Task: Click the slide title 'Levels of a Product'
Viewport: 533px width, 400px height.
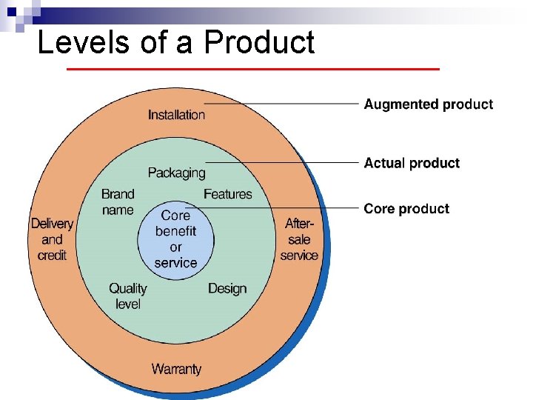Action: pos(175,42)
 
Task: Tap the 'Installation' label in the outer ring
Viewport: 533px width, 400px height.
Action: pos(176,114)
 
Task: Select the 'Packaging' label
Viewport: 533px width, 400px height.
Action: pos(176,173)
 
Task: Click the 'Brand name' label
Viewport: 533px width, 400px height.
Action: pos(118,202)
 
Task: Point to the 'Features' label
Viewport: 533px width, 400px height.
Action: pos(227,194)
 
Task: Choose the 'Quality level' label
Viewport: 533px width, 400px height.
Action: pos(127,296)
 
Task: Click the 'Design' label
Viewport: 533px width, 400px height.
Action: pos(227,288)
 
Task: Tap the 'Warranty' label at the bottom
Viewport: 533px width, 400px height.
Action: pos(176,368)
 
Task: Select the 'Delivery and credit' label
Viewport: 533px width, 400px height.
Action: pos(52,239)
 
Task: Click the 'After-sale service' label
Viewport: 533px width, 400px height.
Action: pos(299,239)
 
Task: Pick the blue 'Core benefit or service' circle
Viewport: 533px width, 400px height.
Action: pos(175,239)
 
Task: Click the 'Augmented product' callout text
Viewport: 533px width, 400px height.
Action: pos(428,104)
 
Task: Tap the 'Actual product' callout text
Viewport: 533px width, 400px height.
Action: pos(412,163)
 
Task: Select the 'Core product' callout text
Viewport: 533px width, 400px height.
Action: pos(406,209)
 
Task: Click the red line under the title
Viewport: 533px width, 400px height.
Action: pos(252,69)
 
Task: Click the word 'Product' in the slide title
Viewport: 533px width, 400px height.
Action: pos(259,42)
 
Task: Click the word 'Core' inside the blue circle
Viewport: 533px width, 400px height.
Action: pos(175,215)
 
